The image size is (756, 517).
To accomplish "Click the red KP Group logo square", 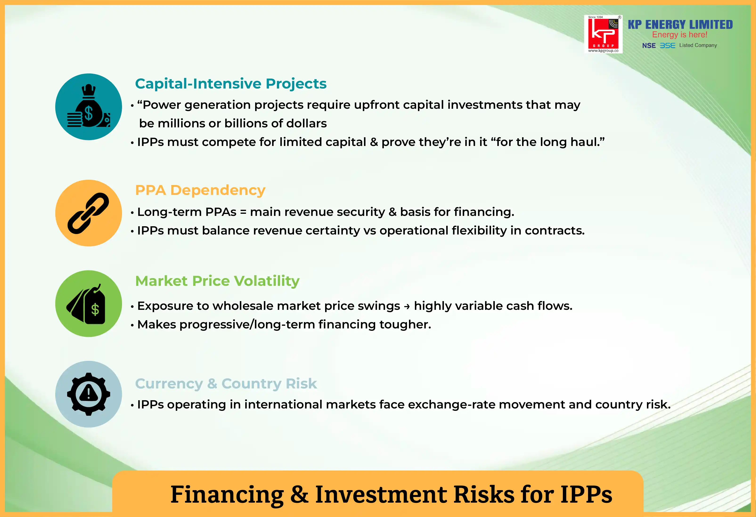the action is pos(603,34).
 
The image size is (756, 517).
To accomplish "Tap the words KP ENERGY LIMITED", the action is pos(680,24).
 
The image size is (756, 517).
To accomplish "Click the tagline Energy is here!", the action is pos(680,35).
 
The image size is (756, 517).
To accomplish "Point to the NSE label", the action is pos(649,45).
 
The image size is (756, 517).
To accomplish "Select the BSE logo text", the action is pos(667,45).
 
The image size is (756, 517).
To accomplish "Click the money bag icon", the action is pos(89,106).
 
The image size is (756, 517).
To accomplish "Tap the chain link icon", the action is pos(88,213).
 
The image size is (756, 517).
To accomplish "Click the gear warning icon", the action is pos(89,394).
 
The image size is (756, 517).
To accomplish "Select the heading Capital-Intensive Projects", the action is pos(231,84).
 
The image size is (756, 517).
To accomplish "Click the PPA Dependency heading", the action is pos(200,190).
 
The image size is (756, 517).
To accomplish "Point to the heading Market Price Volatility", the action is pos(217,281).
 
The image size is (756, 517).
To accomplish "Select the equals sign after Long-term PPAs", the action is pos(243,212).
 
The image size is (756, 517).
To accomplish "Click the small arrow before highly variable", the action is pos(407,306).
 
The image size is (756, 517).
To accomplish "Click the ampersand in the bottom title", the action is pos(299,494).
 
